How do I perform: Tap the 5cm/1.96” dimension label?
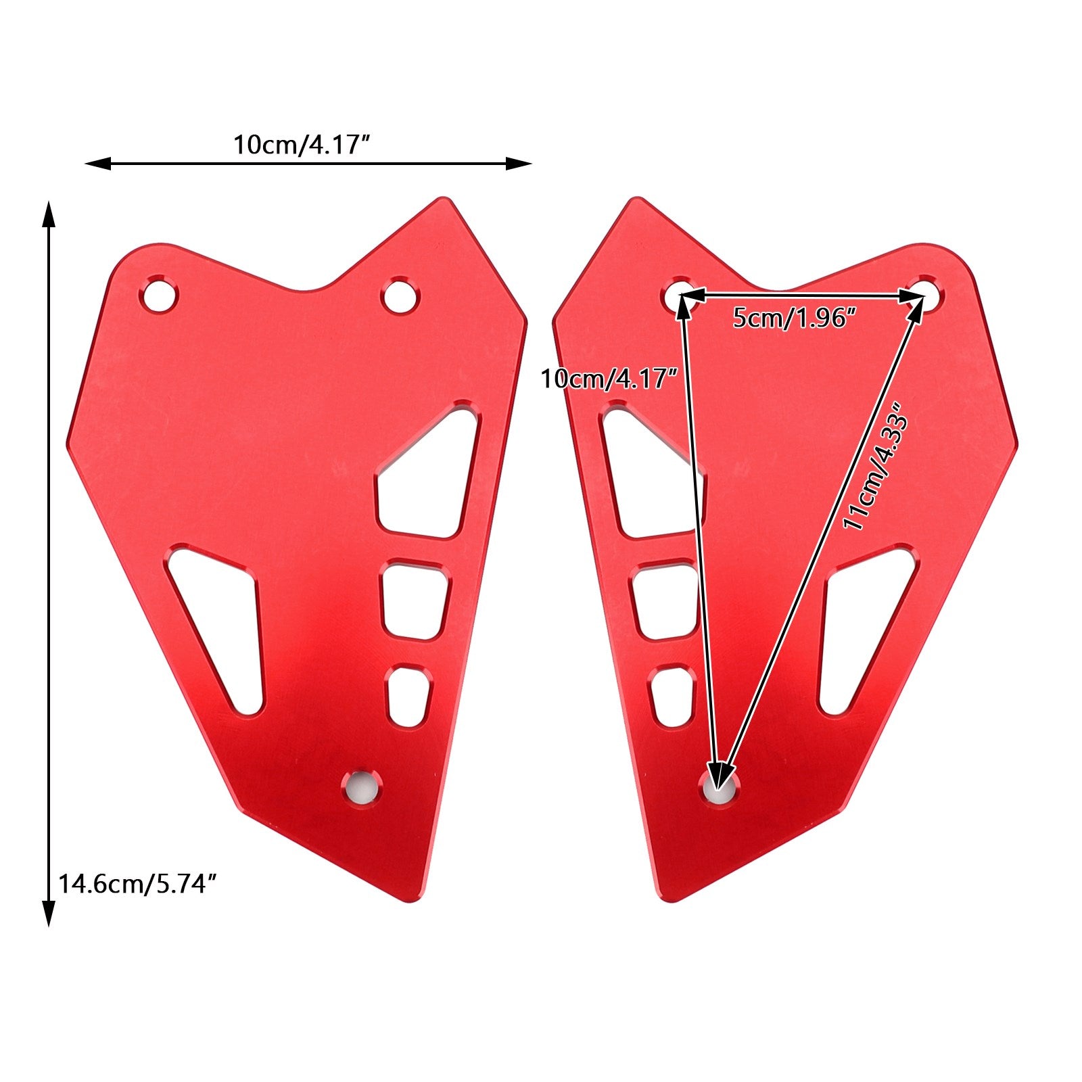pos(795,317)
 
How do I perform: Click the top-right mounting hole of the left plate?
pos(400,296)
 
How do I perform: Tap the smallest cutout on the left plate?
pos(408,697)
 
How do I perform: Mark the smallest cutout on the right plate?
pos(671,695)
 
